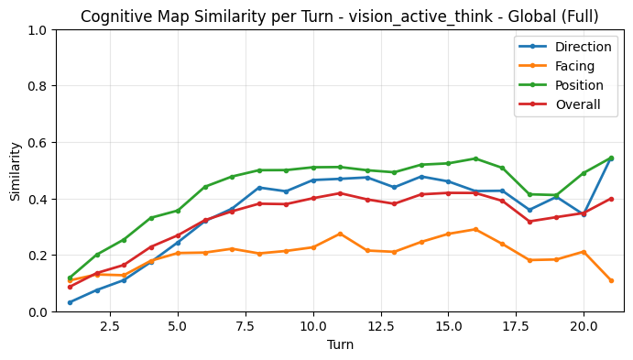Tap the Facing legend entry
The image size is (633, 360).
pyautogui.click(x=569, y=66)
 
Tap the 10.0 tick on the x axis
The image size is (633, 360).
pyautogui.click(x=313, y=326)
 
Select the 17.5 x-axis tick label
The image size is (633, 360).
pyautogui.click(x=516, y=326)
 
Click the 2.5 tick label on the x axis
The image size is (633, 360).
pyautogui.click(x=111, y=326)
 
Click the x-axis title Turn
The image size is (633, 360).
pyautogui.click(x=340, y=344)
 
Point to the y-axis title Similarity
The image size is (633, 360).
pyautogui.click(x=15, y=171)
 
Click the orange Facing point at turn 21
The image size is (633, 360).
pyautogui.click(x=611, y=280)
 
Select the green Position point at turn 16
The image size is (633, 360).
pyautogui.click(x=475, y=158)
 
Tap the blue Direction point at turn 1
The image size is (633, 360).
pyautogui.click(x=70, y=302)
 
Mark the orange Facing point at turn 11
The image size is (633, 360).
pyautogui.click(x=340, y=234)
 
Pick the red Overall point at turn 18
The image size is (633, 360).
pyautogui.click(x=529, y=222)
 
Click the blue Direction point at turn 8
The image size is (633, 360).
pyautogui.click(x=259, y=188)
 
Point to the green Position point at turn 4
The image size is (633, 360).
pyautogui.click(x=151, y=218)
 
